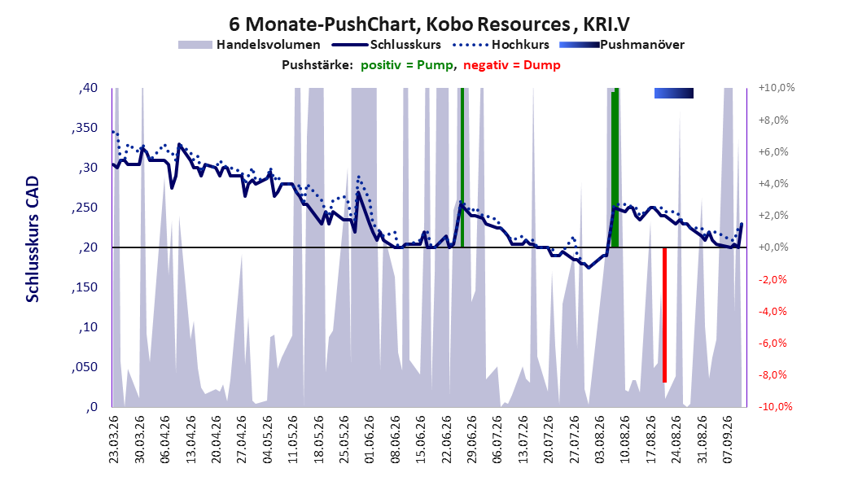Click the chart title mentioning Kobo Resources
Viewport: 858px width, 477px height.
point(429,24)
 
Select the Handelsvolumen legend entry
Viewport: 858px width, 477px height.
point(249,45)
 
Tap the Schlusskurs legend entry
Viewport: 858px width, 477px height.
point(387,45)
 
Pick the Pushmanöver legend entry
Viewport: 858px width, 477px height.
point(622,45)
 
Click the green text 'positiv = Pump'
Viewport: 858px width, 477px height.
point(407,65)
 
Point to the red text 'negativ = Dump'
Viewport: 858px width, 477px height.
point(512,65)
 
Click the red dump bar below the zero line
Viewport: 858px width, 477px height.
point(664,314)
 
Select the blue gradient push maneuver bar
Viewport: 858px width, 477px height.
point(673,93)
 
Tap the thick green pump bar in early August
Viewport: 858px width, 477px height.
point(615,168)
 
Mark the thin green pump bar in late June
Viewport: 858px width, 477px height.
point(462,168)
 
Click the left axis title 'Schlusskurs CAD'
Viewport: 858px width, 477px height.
point(33,238)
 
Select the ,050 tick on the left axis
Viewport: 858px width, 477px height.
point(85,367)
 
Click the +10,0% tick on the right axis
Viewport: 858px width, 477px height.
point(777,88)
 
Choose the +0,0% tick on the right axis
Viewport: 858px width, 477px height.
point(773,247)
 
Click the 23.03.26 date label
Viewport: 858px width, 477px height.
point(113,440)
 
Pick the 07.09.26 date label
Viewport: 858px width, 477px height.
point(727,440)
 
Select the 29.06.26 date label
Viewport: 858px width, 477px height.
point(471,440)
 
